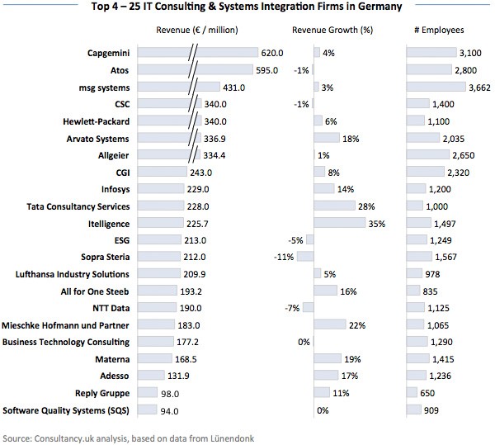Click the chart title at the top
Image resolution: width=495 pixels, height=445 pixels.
[247, 8]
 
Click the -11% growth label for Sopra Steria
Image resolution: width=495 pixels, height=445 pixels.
[286, 258]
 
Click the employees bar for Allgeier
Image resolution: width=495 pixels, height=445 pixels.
[429, 155]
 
